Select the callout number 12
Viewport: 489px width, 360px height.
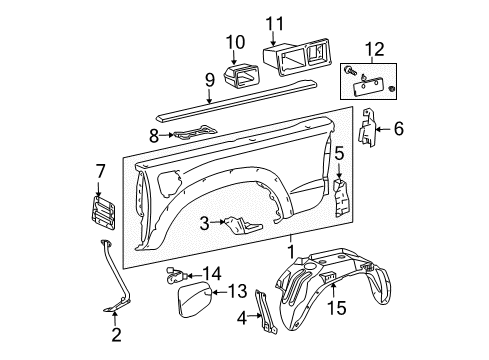(375, 49)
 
